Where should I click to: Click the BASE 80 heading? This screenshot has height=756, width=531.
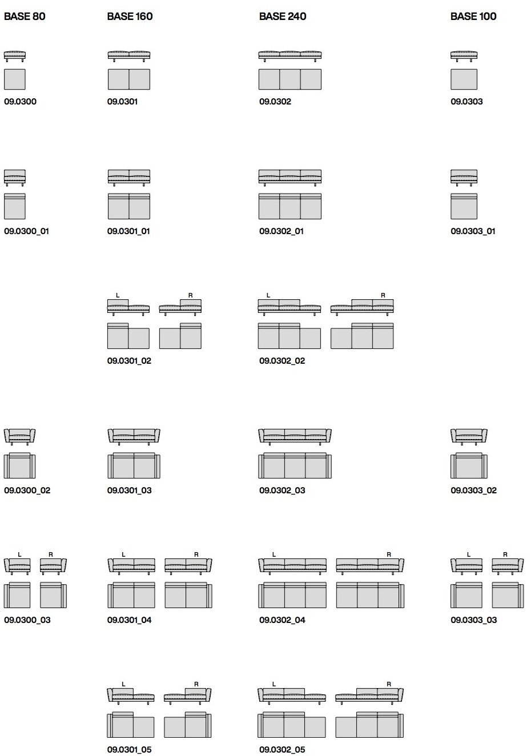[x=25, y=16]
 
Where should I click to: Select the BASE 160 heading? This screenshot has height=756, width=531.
[x=130, y=16]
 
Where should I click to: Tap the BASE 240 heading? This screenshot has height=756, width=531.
[x=283, y=16]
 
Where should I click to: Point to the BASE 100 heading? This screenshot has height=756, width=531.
[x=473, y=16]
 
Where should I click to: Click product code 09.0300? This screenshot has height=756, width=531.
[x=20, y=102]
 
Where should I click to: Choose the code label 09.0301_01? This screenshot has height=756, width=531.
[x=128, y=231]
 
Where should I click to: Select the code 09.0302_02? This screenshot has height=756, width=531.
[x=282, y=361]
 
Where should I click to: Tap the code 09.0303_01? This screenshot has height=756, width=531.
[x=473, y=231]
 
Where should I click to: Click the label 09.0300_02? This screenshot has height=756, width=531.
[x=27, y=490]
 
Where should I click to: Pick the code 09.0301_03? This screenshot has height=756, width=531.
[x=129, y=490]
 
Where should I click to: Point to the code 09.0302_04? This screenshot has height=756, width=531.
[x=282, y=620]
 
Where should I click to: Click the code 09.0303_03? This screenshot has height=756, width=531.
[x=473, y=620]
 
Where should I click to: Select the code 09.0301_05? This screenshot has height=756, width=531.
[x=129, y=750]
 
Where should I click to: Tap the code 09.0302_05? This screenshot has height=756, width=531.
[x=282, y=750]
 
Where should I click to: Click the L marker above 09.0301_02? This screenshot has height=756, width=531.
[x=118, y=295]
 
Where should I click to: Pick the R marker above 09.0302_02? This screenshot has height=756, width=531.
[x=383, y=295]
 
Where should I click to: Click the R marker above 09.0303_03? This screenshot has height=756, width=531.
[x=505, y=554]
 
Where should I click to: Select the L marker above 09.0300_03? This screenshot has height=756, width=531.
[x=19, y=554]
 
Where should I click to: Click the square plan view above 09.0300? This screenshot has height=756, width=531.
[x=14, y=79]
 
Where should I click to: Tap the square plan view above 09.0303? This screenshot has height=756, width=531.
[x=464, y=79]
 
